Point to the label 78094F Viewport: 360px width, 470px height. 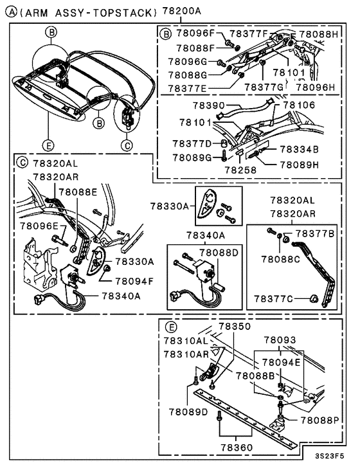click(134, 280)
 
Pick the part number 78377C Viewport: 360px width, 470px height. click(274, 298)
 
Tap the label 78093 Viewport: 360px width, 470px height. click(280, 339)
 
